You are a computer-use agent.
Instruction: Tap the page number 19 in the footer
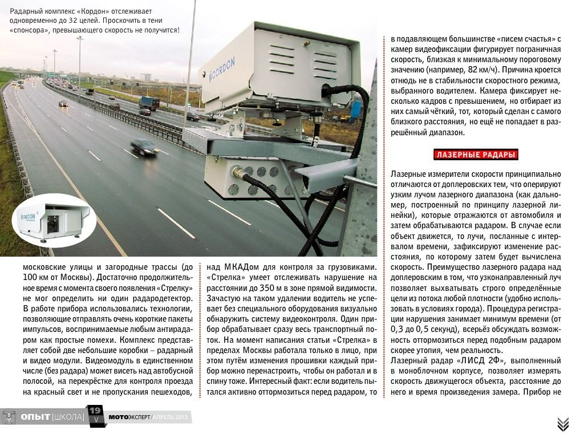point(96,411)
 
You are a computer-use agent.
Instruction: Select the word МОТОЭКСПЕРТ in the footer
point(129,417)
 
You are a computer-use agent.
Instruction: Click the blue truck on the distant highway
point(149,103)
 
